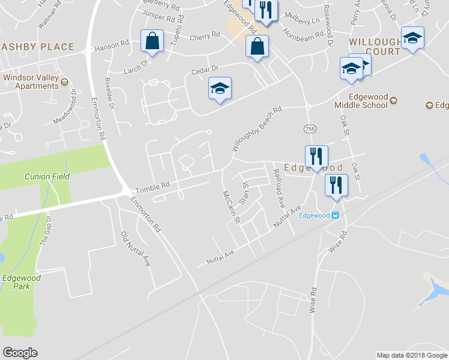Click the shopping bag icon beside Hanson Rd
tap(152, 41)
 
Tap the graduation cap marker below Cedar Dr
tap(220, 89)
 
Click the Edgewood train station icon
tap(336, 215)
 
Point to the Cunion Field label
tap(47, 176)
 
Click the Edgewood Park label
tap(21, 282)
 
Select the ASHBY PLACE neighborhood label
tap(37, 47)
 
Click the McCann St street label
tap(231, 208)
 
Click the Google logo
tap(20, 353)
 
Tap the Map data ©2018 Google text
tap(412, 355)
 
